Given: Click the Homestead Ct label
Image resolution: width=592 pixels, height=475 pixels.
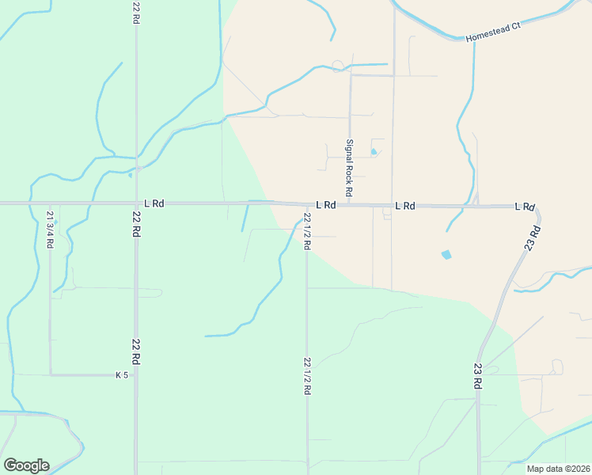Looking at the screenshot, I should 492,32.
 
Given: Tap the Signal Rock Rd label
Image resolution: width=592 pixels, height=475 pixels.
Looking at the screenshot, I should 348,168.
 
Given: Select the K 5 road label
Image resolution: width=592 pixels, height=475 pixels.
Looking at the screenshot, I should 121,374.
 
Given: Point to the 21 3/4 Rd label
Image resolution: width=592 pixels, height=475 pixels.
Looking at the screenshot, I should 50,230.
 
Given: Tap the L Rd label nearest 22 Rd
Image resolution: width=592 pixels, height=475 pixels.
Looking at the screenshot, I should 154,203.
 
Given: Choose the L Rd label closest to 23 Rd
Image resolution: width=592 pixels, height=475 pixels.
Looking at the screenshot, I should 524,206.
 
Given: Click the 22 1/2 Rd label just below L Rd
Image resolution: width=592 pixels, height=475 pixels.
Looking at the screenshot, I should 307,231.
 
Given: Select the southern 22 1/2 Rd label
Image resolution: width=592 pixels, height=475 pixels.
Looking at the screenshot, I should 307,377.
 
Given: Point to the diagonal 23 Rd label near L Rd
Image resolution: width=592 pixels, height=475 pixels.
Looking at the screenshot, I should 533,238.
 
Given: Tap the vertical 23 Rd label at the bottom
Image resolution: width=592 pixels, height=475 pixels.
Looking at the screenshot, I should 478,376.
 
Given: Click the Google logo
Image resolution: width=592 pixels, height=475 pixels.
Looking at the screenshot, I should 26,465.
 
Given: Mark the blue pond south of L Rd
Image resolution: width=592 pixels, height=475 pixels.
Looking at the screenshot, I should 446,255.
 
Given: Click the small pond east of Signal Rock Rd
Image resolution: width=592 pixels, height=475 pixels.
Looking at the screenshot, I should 374,152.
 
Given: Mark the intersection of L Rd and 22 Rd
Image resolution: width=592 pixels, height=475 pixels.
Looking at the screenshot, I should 136,203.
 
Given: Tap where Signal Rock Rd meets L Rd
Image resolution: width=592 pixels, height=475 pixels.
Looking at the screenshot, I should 349,204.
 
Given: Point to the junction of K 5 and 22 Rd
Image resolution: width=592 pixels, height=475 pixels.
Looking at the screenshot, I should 136,374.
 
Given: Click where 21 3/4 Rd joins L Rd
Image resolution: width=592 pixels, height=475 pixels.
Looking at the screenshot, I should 50,203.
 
